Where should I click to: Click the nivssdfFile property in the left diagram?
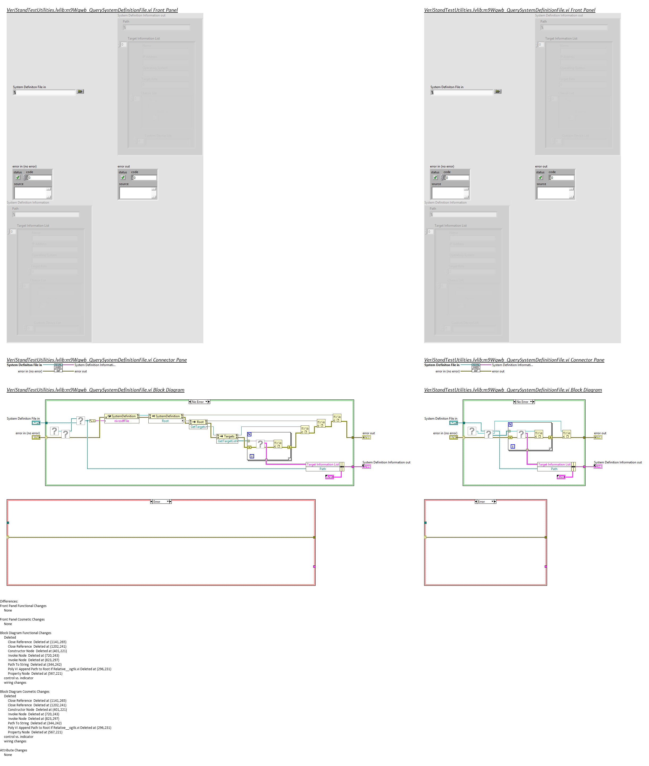click(121, 421)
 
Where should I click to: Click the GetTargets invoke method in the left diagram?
click(198, 427)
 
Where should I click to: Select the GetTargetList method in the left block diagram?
click(227, 441)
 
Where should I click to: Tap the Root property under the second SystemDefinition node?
click(165, 421)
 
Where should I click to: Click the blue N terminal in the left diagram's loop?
click(249, 434)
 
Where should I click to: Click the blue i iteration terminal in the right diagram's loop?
click(513, 446)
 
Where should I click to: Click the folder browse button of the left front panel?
click(80, 92)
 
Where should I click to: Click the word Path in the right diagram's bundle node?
click(554, 469)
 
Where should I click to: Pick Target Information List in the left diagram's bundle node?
click(323, 464)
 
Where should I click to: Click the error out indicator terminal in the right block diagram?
click(598, 437)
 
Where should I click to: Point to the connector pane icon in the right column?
click(476, 368)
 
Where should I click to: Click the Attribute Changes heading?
click(14, 750)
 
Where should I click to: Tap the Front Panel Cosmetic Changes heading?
click(23, 619)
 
